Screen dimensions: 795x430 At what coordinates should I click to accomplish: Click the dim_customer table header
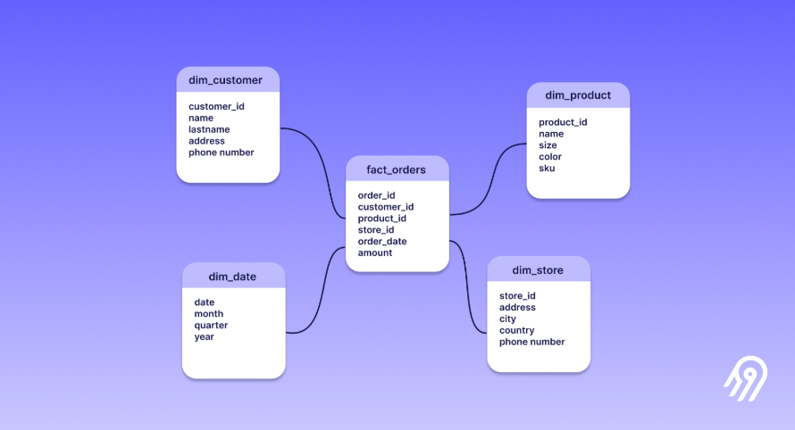click(x=226, y=80)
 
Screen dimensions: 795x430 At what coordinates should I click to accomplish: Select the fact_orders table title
click(x=396, y=170)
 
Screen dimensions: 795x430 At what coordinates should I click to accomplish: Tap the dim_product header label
click(x=578, y=95)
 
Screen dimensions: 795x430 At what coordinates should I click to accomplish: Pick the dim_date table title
click(x=232, y=277)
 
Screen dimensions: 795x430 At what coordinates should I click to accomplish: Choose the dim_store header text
click(x=538, y=270)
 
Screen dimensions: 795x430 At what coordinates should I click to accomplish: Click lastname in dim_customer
click(x=209, y=129)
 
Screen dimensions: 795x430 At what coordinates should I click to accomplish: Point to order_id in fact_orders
click(x=376, y=195)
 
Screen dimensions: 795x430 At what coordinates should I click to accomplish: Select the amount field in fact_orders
click(x=374, y=252)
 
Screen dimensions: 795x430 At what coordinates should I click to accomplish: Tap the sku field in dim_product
click(x=547, y=168)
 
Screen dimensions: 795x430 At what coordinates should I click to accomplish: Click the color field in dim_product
click(x=550, y=156)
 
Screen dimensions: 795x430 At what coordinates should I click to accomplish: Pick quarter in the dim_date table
click(x=211, y=325)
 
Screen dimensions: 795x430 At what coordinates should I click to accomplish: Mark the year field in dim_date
click(x=205, y=337)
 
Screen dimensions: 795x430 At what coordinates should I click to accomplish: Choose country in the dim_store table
click(x=516, y=330)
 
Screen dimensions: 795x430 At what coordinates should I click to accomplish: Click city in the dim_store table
click(x=507, y=318)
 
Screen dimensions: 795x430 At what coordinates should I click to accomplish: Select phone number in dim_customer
click(x=221, y=153)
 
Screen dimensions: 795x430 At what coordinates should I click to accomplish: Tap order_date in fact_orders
click(x=382, y=241)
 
